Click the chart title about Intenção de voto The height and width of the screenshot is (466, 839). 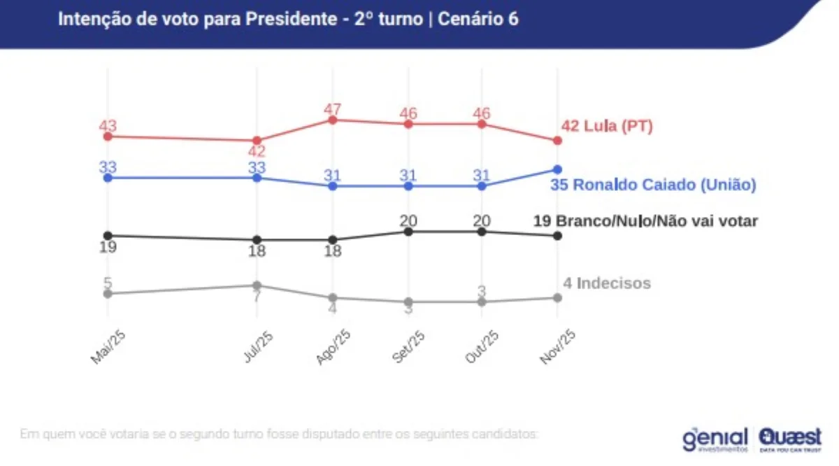pos(288,20)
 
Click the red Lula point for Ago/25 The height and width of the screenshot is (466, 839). pos(333,120)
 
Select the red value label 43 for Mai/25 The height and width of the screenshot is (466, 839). pos(108,127)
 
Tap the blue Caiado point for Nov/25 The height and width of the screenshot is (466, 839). pos(557,169)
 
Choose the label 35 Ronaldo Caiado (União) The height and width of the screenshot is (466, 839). pos(653,185)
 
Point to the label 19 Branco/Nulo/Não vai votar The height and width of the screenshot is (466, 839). pos(645,222)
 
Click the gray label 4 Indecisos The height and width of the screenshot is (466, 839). pos(607,283)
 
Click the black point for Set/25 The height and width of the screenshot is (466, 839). pos(408,232)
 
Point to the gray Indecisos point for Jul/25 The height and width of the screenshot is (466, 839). pos(257,285)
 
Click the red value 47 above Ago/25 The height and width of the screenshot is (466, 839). pos(333,110)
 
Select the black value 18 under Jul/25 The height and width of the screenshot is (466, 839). pos(257,250)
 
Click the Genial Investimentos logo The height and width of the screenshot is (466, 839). pos(715,438)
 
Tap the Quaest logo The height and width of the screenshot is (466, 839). pos(790,438)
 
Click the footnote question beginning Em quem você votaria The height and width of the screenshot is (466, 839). pos(279,434)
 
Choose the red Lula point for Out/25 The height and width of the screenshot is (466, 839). pos(482,124)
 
